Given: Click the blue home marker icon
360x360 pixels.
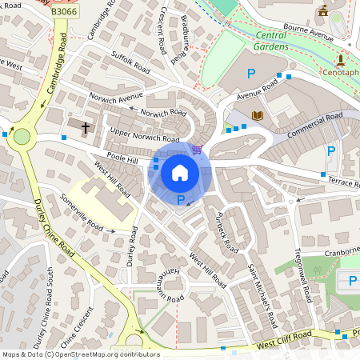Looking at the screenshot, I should [x=180, y=172].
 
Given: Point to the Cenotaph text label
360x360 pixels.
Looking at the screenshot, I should [x=340, y=72].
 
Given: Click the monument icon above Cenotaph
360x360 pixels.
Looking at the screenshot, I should [x=340, y=59].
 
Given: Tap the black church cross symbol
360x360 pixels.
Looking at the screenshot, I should [x=86, y=127].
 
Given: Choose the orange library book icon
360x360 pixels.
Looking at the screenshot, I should [x=258, y=117].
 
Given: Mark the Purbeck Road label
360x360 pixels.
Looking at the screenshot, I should [x=227, y=232].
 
